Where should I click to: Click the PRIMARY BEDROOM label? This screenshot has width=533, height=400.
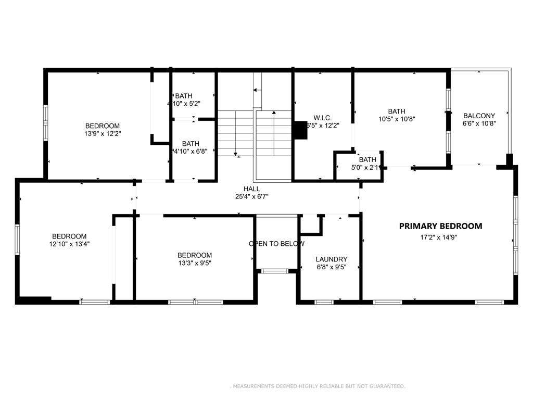(x=440, y=226)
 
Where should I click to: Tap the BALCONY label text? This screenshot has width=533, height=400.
(x=479, y=116)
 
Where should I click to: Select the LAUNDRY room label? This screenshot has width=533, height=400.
(x=332, y=259)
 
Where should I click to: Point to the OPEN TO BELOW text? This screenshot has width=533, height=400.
(x=276, y=244)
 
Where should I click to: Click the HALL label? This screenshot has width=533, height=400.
(x=251, y=189)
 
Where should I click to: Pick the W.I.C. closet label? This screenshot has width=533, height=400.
(x=323, y=118)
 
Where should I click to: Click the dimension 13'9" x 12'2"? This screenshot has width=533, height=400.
(x=103, y=134)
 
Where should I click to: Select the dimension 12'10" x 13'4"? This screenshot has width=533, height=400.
(x=69, y=244)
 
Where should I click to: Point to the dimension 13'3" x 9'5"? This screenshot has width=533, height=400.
(x=195, y=263)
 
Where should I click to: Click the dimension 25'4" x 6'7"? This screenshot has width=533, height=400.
(x=251, y=196)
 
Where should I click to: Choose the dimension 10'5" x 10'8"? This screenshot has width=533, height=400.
(x=397, y=119)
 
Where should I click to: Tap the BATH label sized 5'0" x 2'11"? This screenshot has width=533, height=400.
(x=367, y=160)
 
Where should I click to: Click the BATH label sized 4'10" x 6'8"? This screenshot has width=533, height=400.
(x=191, y=144)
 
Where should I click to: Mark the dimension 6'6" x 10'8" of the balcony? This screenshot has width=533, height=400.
(x=479, y=124)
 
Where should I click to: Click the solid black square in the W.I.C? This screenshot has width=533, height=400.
(x=300, y=130)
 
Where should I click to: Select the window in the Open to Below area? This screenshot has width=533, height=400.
(x=275, y=271)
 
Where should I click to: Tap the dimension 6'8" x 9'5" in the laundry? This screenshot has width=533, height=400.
(x=332, y=267)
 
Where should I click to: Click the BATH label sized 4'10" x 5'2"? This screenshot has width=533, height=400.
(x=184, y=96)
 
